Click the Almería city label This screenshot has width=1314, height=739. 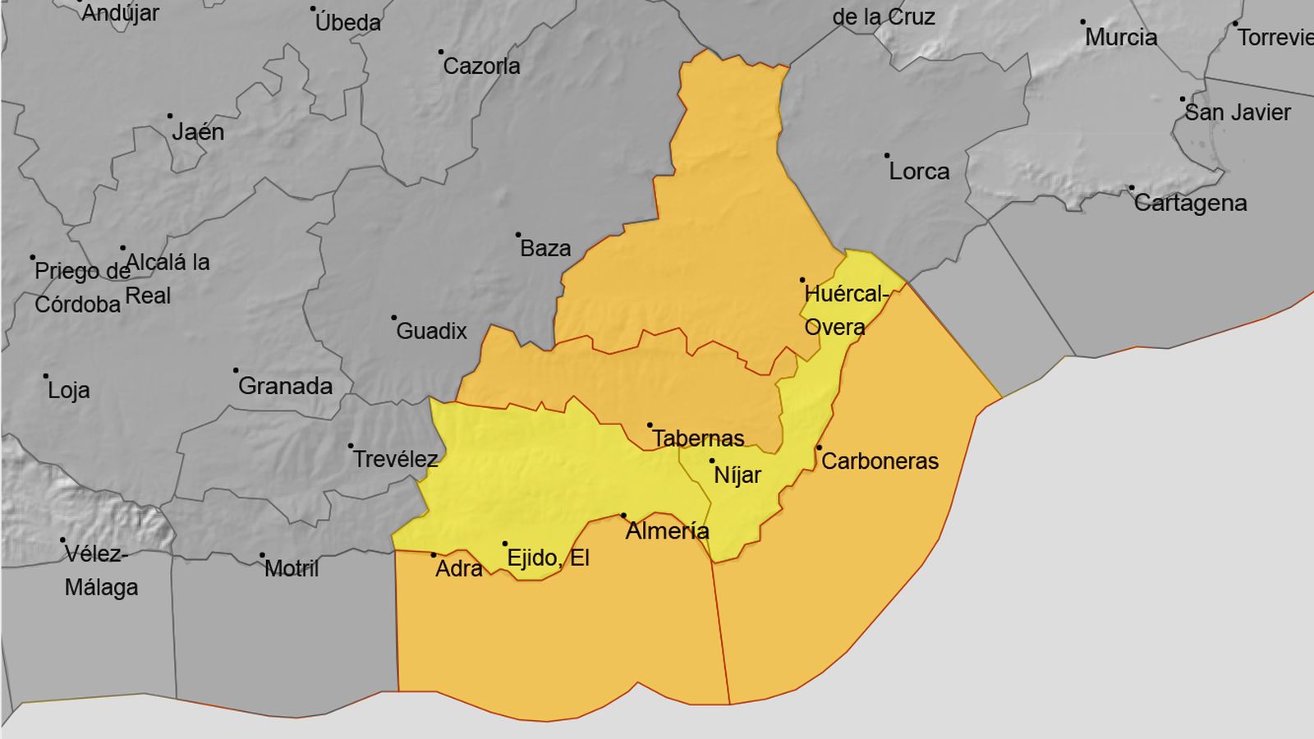[x=667, y=531]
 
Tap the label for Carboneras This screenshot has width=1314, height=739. [x=880, y=461]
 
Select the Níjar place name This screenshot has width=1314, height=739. [x=737, y=475]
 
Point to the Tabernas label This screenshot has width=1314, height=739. [x=698, y=438]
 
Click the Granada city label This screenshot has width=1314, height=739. [x=285, y=386]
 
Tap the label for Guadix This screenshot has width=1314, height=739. [x=431, y=331]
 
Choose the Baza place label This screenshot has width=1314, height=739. [x=545, y=248]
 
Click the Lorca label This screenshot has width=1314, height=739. [x=919, y=171]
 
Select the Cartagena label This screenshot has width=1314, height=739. [x=1190, y=203]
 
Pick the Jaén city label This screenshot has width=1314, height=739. [x=198, y=131]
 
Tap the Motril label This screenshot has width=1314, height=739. [x=292, y=568]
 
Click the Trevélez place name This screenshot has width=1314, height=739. [x=395, y=459]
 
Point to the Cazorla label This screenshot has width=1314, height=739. [x=481, y=66]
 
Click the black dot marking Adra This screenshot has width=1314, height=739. [x=434, y=555]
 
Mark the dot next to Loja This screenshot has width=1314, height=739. [x=46, y=376]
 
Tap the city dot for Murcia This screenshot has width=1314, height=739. [x=1082, y=22]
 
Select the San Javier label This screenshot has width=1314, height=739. [x=1237, y=112]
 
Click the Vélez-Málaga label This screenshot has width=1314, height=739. [x=100, y=571]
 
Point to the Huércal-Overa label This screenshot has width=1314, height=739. [x=844, y=310]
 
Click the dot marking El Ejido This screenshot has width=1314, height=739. [x=505, y=544]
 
